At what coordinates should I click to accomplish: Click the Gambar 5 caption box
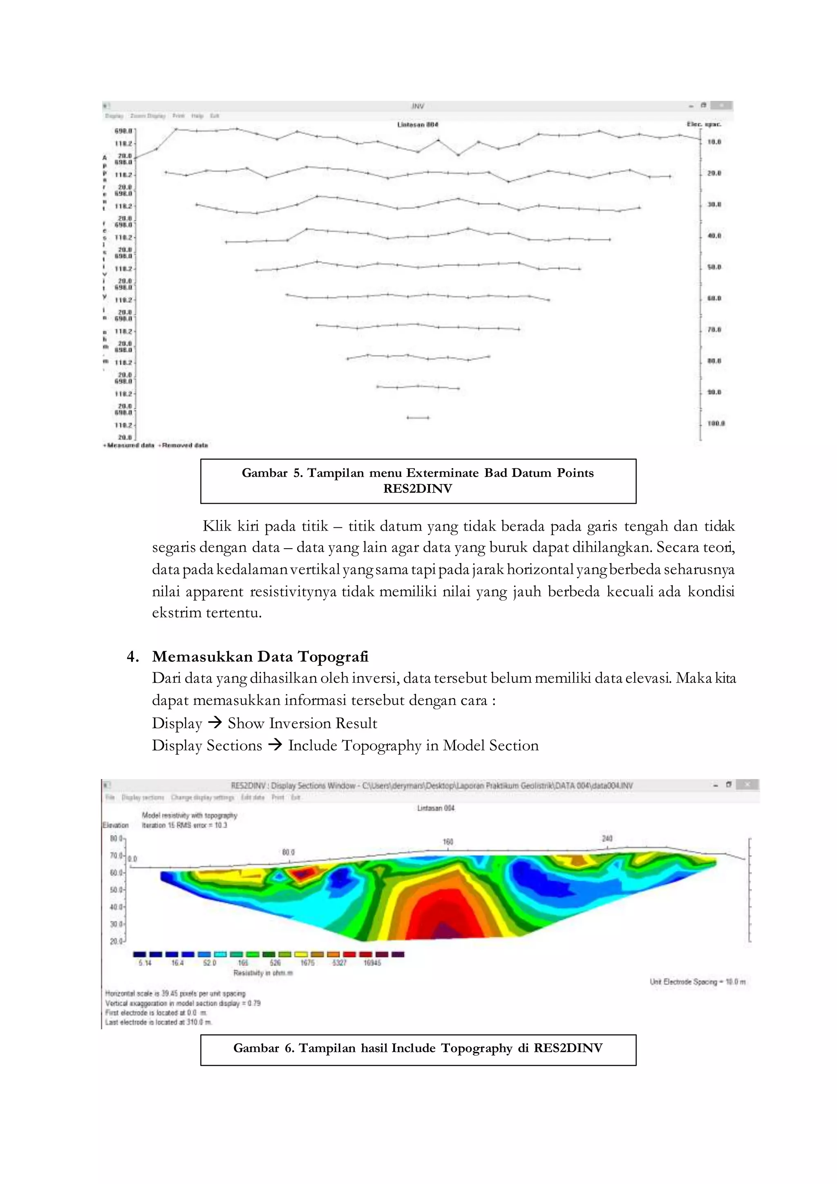tap(418, 481)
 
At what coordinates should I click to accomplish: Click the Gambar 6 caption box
tap(418, 1048)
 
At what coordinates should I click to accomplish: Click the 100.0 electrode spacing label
tap(716, 424)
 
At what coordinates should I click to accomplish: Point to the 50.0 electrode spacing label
tap(714, 267)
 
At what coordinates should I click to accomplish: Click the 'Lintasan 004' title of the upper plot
tap(417, 124)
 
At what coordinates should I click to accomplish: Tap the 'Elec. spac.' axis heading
tap(703, 124)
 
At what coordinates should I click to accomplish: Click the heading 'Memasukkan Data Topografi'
tap(260, 657)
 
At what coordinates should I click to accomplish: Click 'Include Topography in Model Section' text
tap(413, 746)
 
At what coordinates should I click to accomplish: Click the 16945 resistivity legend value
tap(372, 963)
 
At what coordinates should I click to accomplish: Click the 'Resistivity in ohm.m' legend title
tap(263, 973)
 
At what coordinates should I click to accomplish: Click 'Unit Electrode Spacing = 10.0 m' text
tap(697, 982)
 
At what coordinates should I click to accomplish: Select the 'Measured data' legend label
tap(130, 445)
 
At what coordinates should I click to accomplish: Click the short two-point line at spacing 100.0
tap(418, 418)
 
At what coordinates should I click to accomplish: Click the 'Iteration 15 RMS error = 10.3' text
tap(184, 825)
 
